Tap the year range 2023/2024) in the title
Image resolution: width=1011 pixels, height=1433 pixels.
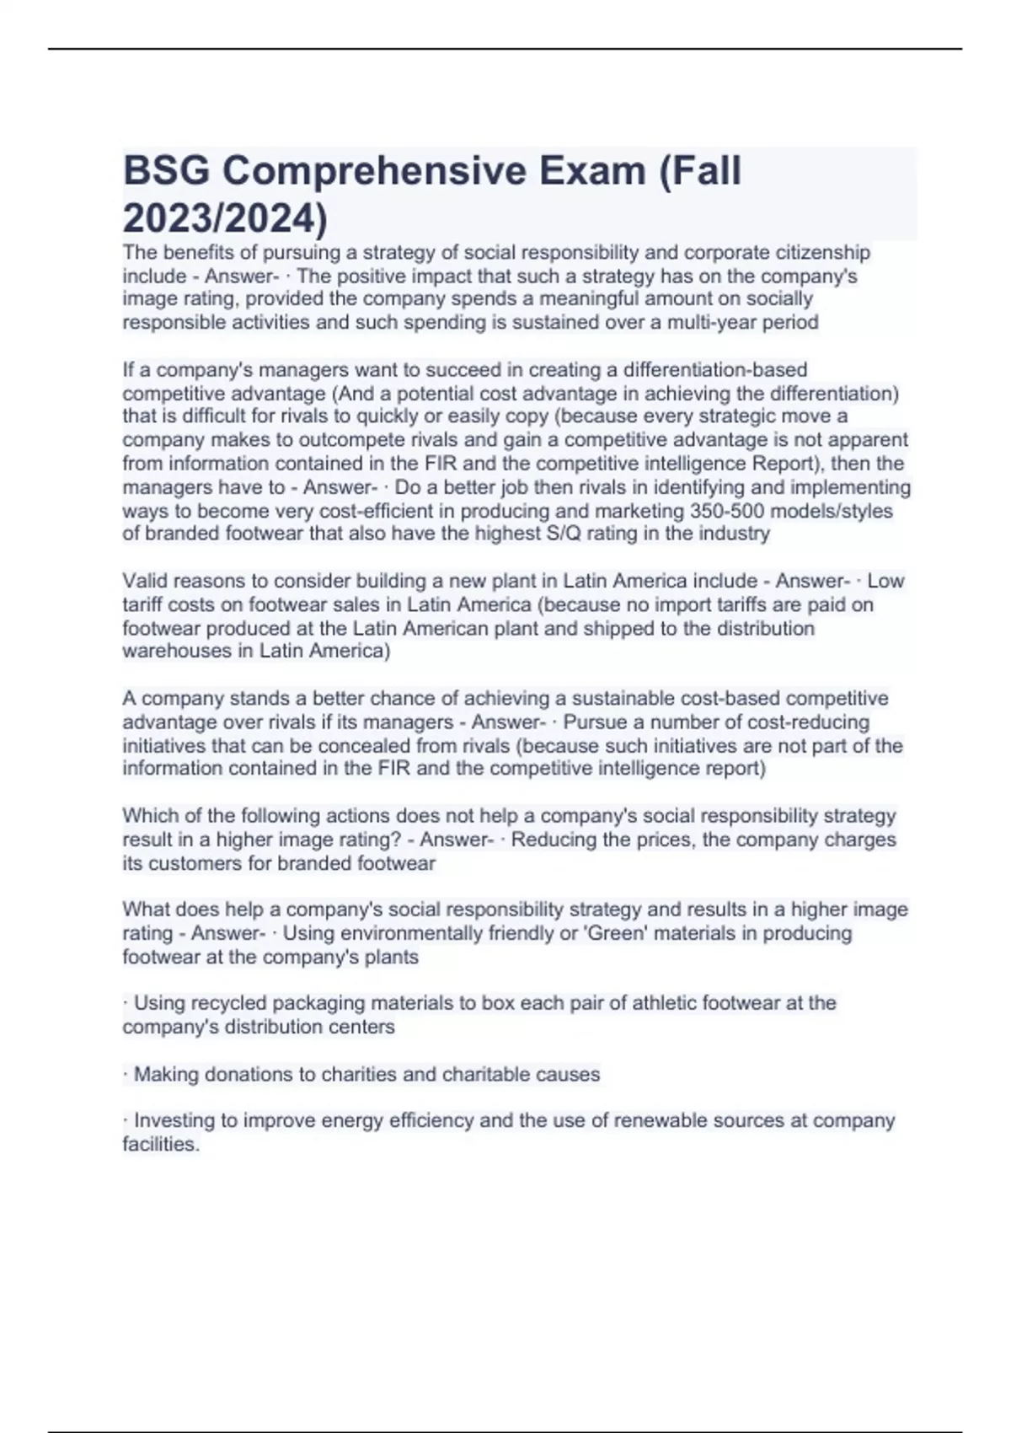(225, 219)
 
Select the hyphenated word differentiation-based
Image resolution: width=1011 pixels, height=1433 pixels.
(714, 369)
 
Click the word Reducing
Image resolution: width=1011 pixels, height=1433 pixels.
(550, 840)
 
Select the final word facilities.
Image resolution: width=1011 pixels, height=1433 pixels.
(161, 1144)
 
